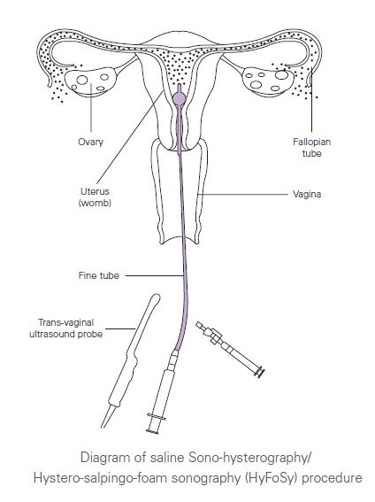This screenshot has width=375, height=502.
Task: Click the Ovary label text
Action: pos(91,142)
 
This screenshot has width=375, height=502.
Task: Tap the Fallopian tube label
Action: pos(311,147)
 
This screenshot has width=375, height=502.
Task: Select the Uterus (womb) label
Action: pos(95,197)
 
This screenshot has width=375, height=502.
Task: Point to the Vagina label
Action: pos(307,194)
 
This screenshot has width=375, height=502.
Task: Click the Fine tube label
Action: pos(98,275)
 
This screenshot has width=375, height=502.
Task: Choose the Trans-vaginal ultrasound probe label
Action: pos(66,328)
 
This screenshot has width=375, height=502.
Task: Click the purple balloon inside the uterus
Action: pos(179,98)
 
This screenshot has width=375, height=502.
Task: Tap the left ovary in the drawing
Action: pos(91,81)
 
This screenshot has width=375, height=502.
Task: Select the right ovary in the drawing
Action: pos(268,81)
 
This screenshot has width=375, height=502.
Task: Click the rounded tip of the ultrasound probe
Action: pos(156,297)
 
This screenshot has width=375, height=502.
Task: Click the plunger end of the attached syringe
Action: pos(152,431)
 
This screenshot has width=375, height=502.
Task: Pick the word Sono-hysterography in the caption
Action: pos(249,458)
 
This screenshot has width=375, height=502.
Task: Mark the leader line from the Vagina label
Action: pos(243,194)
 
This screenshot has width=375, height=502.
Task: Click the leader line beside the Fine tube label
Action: pos(155,275)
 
